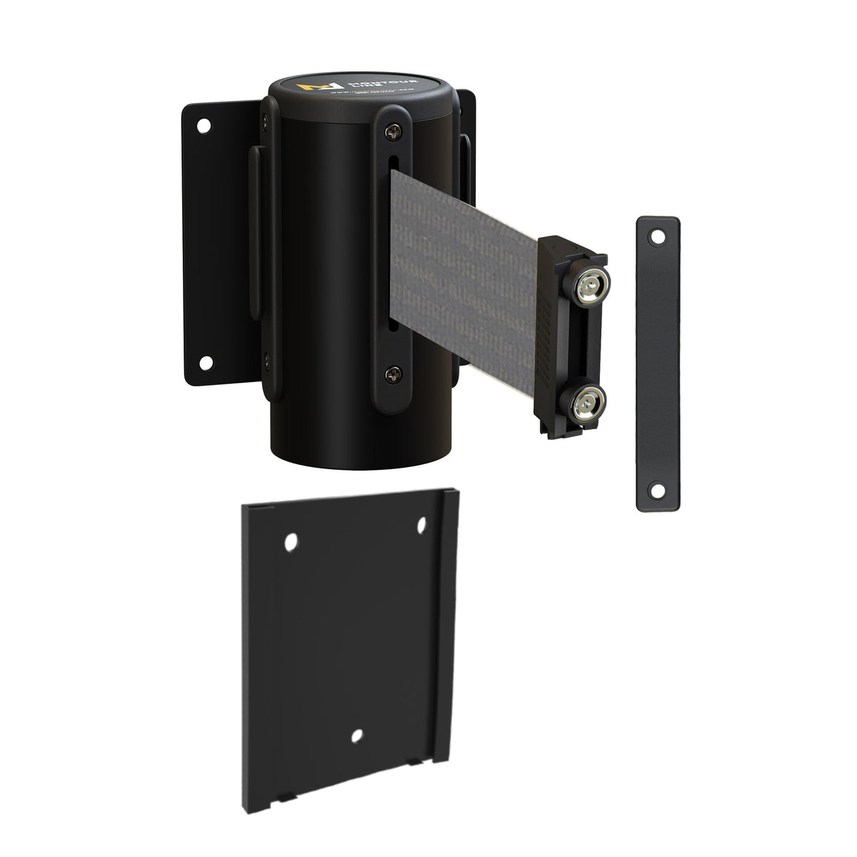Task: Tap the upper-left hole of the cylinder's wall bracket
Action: point(204,126)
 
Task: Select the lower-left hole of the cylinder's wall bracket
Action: point(204,364)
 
